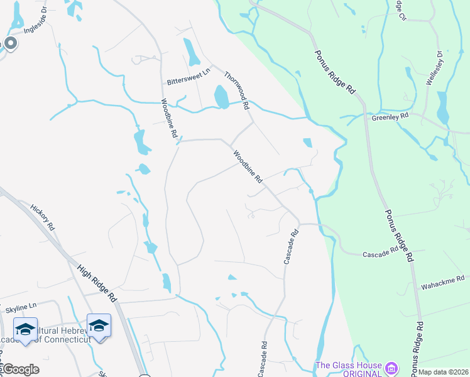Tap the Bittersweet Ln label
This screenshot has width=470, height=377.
[x=187, y=82]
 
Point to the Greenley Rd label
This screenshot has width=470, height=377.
[x=390, y=117]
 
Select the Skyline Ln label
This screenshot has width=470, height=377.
[x=21, y=310]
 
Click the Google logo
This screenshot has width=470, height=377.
[x=20, y=369]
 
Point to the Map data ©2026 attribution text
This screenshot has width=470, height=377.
[x=444, y=372]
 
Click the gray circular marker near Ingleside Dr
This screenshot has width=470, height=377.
[x=10, y=43]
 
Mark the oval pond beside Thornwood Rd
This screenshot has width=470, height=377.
[x=221, y=97]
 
